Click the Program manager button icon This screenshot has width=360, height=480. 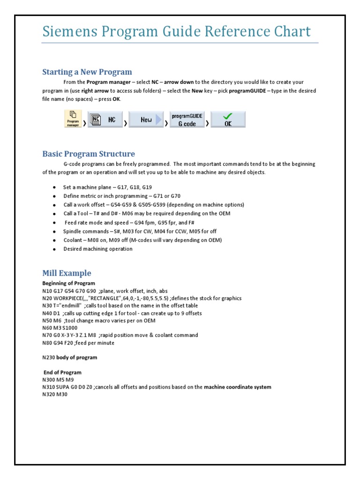tap(72, 119)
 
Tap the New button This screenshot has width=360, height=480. tap(146, 120)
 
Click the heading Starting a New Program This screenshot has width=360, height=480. tap(87, 72)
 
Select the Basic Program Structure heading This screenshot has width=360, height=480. tap(89, 154)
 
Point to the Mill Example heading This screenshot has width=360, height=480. tap(67, 273)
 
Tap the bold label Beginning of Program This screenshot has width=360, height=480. tap(68, 283)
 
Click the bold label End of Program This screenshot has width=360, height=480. tap(62, 372)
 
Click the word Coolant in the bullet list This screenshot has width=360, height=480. tap(73, 240)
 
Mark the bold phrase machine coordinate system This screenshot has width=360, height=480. tap(237, 387)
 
